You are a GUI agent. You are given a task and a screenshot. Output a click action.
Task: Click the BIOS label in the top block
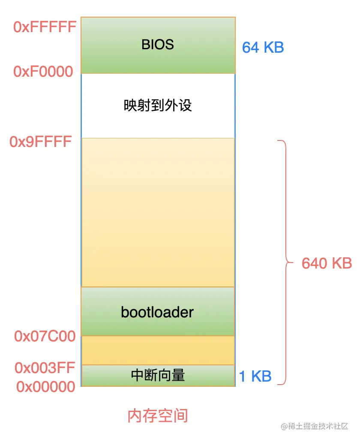point(158,45)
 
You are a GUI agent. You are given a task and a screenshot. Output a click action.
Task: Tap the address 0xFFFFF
point(45,27)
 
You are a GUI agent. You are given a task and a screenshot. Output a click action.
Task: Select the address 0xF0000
point(43,72)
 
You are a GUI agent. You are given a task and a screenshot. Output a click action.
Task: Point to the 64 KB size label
point(263,47)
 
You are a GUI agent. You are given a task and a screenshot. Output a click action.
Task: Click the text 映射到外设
point(158,105)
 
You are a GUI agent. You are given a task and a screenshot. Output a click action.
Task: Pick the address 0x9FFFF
point(41,142)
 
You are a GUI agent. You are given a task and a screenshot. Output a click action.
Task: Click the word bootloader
point(157,312)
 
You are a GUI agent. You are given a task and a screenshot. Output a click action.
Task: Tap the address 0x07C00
point(45,337)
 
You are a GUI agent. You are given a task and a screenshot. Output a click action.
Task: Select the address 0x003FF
point(45,367)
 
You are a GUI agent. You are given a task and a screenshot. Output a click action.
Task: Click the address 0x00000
point(46,387)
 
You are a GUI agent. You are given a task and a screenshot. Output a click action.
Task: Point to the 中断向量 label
point(158,376)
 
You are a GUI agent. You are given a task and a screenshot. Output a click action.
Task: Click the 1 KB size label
point(255,376)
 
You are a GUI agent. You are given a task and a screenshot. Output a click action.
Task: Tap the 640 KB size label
point(327,263)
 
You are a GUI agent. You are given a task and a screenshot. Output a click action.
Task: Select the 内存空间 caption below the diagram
point(158,415)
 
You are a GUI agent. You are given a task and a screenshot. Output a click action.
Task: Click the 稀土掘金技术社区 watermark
point(318,426)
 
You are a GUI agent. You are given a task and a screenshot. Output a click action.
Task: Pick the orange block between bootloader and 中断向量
point(158,350)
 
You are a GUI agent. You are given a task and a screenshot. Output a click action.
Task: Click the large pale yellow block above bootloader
point(158,212)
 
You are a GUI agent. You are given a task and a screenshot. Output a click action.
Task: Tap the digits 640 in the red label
point(314,263)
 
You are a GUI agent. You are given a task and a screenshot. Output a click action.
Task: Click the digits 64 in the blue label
point(251,47)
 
